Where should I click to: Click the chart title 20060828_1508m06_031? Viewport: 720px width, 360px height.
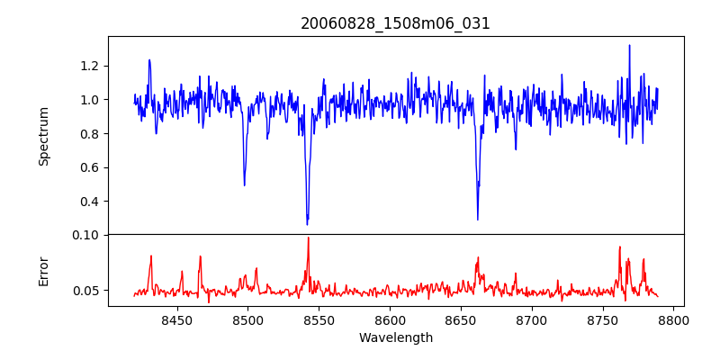395,23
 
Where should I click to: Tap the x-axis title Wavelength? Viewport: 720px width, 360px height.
395,338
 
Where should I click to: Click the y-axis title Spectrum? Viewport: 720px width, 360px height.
43,136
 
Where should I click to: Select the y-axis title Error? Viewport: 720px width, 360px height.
43,270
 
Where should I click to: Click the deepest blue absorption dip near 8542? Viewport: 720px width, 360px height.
308,224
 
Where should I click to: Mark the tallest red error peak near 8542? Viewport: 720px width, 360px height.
308,238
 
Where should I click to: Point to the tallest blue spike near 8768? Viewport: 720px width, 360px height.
629,45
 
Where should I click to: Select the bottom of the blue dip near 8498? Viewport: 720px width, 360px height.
245,184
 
